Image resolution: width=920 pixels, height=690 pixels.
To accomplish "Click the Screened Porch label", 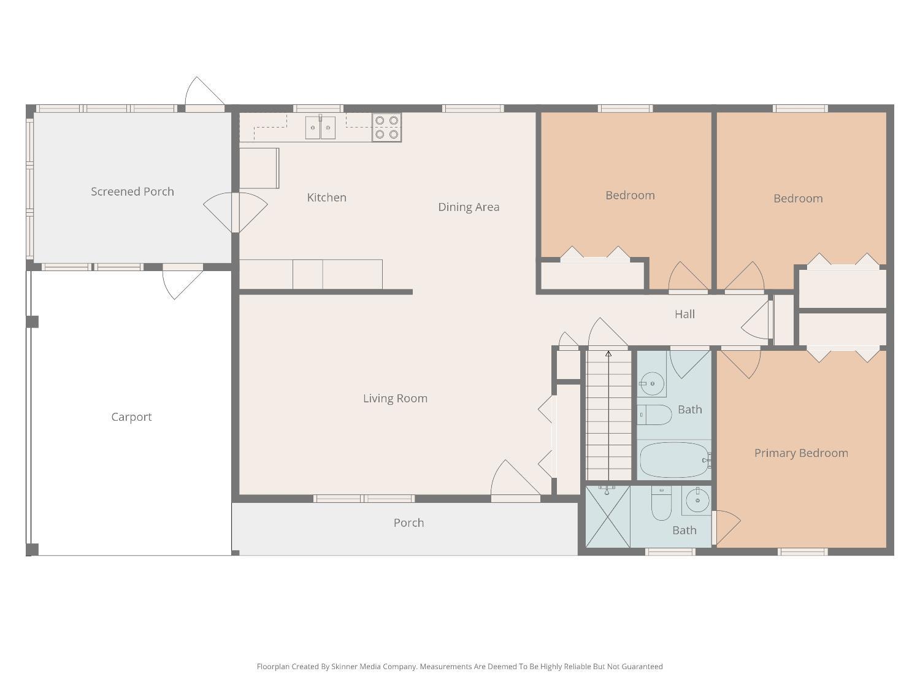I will coord(132,191).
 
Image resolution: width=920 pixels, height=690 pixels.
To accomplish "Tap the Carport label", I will coord(131,417).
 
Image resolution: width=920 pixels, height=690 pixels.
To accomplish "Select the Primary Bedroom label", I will coord(801,453).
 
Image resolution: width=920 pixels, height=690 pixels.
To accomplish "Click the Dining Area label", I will coord(469,207).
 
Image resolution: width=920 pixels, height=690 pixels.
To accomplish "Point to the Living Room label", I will coord(395,399).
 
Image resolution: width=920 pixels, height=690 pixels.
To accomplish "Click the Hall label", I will coord(684,314).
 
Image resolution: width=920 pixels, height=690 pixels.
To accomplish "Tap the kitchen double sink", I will coord(320,128).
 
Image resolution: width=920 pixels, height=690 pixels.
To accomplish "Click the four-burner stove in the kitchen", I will coord(386,128).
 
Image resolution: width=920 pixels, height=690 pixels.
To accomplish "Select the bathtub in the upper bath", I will coord(674,460).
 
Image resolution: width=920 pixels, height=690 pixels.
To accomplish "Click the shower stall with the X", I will coord(608,516).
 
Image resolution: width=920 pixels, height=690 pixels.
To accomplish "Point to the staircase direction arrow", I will coord(608,354).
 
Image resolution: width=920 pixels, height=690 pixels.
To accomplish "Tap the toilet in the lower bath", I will coord(661,504).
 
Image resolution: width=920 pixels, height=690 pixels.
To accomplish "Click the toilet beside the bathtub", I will coord(654,415).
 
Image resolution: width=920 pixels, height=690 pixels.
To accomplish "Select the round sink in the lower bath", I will coord(697,501).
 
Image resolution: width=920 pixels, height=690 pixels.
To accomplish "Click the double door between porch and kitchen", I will coord(235,212).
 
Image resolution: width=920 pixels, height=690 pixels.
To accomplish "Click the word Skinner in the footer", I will coord(345,667).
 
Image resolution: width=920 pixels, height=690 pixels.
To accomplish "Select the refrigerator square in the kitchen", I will coord(259,168).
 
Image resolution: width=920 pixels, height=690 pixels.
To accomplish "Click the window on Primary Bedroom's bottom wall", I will coord(802,552).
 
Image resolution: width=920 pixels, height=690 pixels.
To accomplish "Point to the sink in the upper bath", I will coord(651,384).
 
